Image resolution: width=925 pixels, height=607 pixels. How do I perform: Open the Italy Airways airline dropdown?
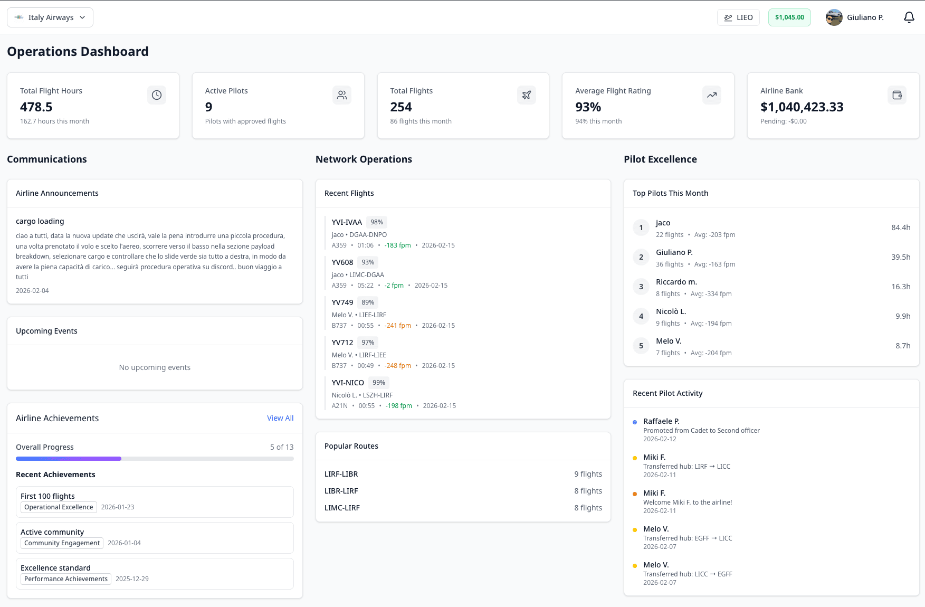point(50,17)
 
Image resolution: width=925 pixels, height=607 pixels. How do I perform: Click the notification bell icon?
point(909,17)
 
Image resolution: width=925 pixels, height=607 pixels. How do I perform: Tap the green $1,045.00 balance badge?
point(789,17)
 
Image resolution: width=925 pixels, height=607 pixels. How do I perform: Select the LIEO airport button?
point(738,17)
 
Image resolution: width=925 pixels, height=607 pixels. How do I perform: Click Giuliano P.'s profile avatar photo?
point(834,17)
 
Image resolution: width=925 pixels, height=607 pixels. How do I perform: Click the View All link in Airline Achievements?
point(280,418)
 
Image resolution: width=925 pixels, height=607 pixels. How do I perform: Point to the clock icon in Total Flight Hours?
point(157,95)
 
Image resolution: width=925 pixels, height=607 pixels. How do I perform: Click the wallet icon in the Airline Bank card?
point(897,95)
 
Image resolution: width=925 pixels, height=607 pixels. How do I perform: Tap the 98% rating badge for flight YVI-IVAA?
point(377,222)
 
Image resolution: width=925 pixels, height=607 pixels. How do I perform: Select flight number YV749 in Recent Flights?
point(342,302)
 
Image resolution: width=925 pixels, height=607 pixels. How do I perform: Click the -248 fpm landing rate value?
point(398,366)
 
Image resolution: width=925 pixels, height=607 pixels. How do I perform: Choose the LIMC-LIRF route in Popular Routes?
point(342,508)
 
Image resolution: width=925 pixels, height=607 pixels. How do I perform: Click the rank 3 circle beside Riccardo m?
point(641,287)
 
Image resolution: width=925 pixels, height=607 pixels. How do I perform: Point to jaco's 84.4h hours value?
point(901,227)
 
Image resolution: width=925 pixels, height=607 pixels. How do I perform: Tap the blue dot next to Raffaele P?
point(635,422)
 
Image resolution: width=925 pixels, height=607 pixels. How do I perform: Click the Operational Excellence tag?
point(59,507)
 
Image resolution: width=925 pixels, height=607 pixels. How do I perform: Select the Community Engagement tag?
point(62,543)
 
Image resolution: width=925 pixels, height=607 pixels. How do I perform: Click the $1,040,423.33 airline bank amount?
point(802,107)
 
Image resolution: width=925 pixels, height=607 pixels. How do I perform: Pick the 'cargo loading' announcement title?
point(40,221)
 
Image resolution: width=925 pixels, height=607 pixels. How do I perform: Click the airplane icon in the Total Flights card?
point(527,95)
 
